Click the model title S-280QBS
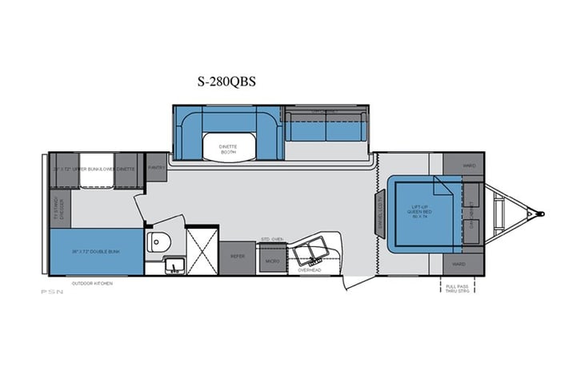[226, 81]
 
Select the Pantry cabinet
[156, 166]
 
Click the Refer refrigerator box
[238, 257]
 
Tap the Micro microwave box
[271, 261]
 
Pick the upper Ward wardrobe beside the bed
[469, 166]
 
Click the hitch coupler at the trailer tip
[540, 213]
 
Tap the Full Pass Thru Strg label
[458, 287]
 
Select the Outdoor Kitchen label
[91, 283]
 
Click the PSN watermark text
[54, 291]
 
